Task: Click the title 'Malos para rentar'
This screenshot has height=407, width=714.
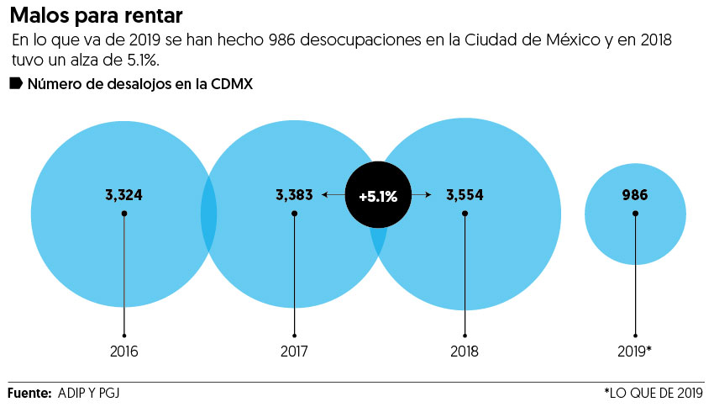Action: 95,16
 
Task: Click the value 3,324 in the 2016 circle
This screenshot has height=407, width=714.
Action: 123,195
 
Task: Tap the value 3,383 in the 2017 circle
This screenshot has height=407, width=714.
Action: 294,195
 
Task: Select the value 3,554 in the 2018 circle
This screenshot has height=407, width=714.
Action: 465,195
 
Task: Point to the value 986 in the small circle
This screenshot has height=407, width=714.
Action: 635,195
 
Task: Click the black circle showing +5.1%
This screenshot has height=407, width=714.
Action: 378,196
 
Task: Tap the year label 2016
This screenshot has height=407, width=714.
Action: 123,351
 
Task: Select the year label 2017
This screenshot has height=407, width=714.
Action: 294,351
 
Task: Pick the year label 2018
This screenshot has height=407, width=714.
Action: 465,351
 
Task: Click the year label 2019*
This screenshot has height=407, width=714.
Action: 635,351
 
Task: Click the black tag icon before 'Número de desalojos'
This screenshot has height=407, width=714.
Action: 15,83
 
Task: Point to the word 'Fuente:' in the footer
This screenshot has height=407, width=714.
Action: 29,393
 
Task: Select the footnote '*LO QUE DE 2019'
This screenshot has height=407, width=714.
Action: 653,393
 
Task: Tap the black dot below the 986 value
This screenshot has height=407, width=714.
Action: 635,214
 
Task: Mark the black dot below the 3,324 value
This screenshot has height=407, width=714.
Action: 123,214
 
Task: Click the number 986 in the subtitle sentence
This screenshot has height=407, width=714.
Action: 255,41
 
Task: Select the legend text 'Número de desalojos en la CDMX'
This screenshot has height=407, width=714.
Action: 140,84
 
